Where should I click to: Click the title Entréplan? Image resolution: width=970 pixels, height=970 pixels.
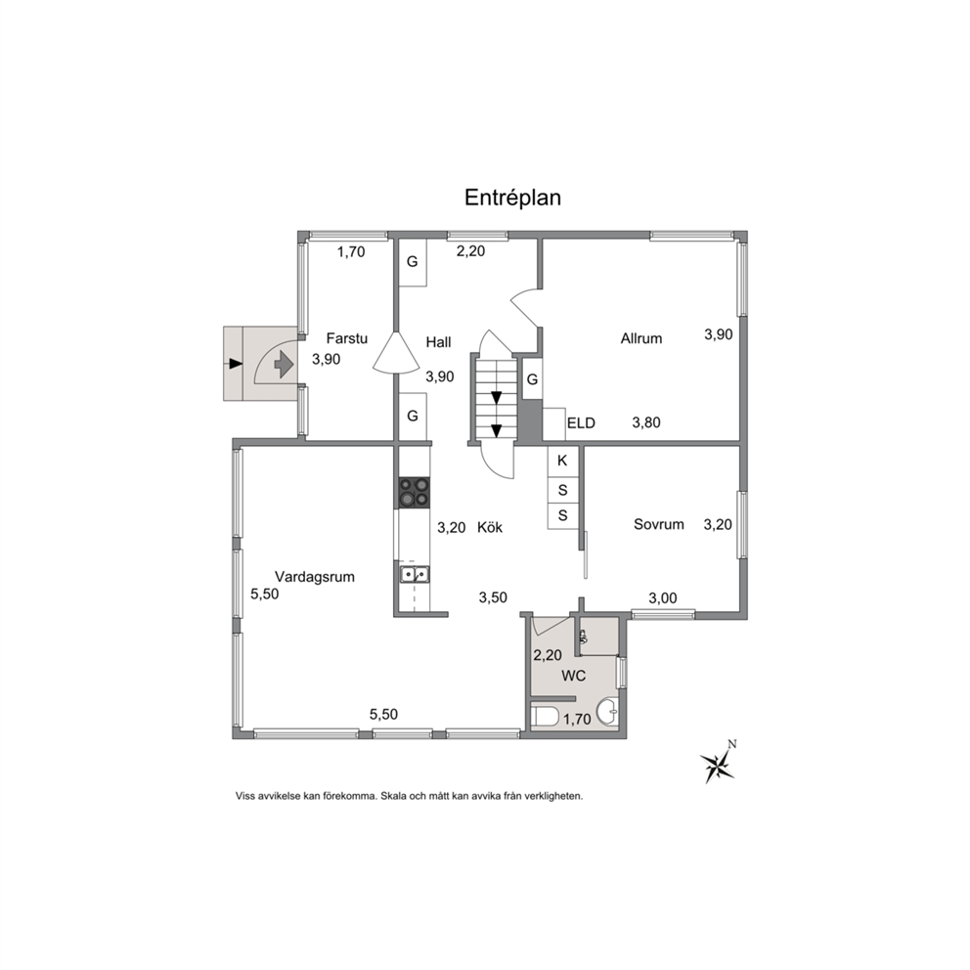pos(512,198)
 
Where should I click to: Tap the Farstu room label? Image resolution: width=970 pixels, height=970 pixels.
pos(346,338)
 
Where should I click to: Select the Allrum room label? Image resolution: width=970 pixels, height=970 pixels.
pos(640,338)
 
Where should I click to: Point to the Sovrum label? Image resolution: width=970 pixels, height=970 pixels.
pos(658,524)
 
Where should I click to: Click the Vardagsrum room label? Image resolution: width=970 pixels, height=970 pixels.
pos(314,577)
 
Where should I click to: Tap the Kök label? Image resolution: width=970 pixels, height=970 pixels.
pos(489,527)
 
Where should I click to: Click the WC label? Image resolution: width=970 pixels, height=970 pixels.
pos(573,676)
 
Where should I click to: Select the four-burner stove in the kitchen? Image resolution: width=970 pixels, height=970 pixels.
pos(414,493)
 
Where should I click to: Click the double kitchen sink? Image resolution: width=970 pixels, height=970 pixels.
pos(415,575)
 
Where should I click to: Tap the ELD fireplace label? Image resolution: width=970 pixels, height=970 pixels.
pos(580,423)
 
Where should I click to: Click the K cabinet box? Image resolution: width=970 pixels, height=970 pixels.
pos(562,461)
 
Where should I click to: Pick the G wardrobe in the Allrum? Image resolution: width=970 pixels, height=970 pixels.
pos(532,379)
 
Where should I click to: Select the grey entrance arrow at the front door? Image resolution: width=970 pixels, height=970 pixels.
pos(284,364)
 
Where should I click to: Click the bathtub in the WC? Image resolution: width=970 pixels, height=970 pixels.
pos(545,717)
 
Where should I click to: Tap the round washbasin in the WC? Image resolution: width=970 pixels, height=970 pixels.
pos(607,713)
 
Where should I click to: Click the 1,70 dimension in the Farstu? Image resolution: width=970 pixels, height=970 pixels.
pos(351,252)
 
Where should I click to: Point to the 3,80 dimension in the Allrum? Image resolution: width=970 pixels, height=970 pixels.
pos(645,423)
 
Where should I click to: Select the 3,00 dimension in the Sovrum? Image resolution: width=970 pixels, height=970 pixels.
pos(663,598)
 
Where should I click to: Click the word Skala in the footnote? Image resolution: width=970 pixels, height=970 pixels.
pos(393,796)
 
